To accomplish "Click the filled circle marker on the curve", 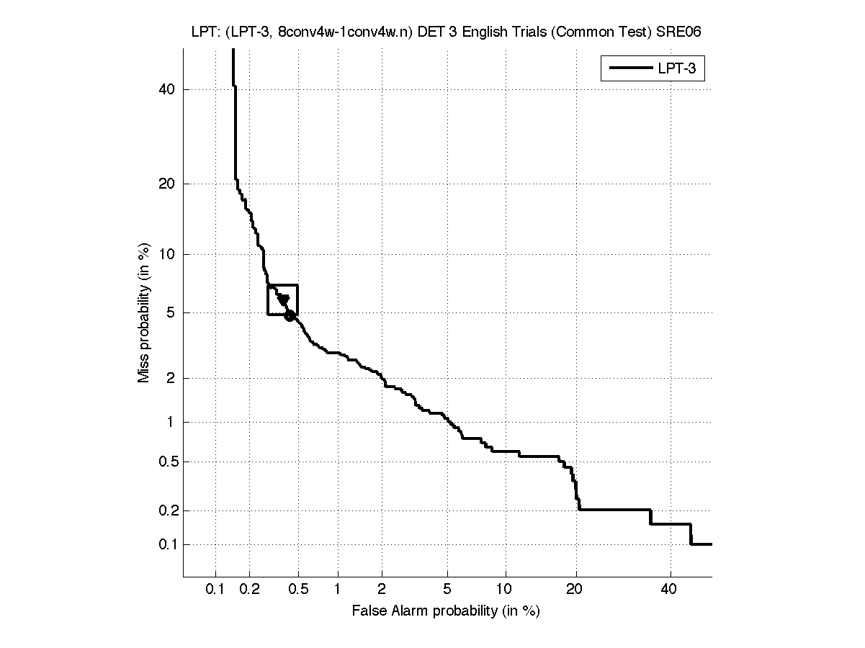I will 290,315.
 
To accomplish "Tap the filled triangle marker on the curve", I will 284,300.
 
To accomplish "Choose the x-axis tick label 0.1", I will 215,590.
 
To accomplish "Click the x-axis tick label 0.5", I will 298,590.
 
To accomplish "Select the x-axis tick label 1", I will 338,590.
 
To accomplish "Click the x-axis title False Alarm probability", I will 446,611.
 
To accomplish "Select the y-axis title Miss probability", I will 145,315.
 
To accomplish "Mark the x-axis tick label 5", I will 448,590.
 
